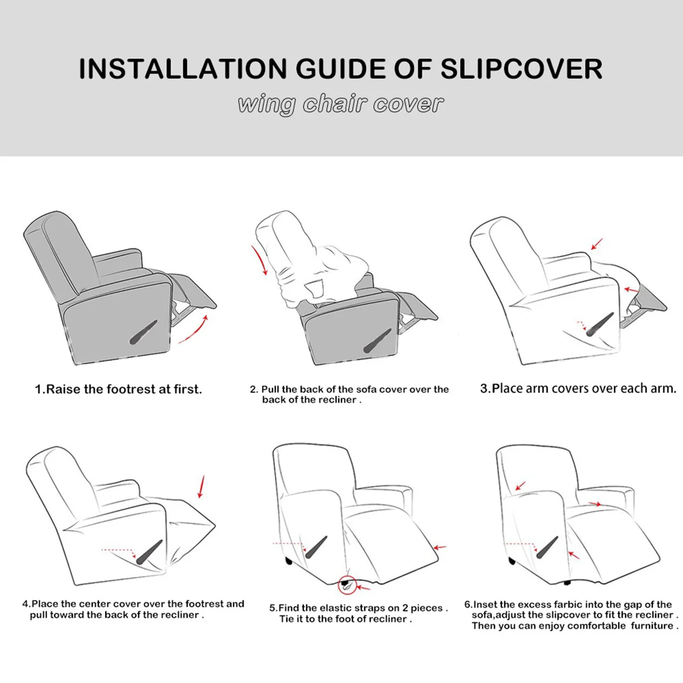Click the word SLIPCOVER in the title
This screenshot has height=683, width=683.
521,68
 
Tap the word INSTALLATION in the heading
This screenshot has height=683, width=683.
183,68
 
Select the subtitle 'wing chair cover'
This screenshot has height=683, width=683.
340,104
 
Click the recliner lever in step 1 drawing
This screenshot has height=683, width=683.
143,332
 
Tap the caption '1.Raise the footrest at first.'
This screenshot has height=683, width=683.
118,389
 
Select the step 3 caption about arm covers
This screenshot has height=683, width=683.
578,389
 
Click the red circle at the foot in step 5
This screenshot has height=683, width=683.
346,584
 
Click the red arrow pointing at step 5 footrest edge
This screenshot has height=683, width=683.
440,548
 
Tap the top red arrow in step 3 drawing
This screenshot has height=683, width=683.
596,244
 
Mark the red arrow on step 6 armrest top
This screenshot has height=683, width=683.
594,504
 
